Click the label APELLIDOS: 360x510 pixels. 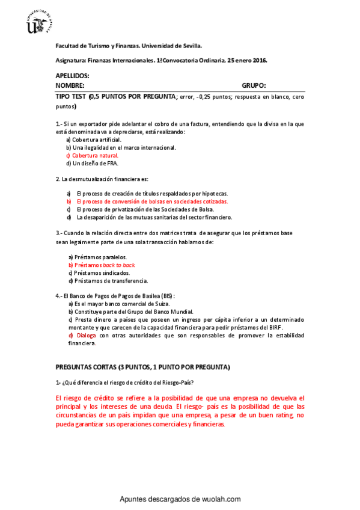click(72, 76)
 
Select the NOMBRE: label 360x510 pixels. click(70, 85)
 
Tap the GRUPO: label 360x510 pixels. click(254, 85)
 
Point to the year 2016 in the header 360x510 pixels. click(259, 61)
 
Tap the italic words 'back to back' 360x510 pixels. click(119, 265)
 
